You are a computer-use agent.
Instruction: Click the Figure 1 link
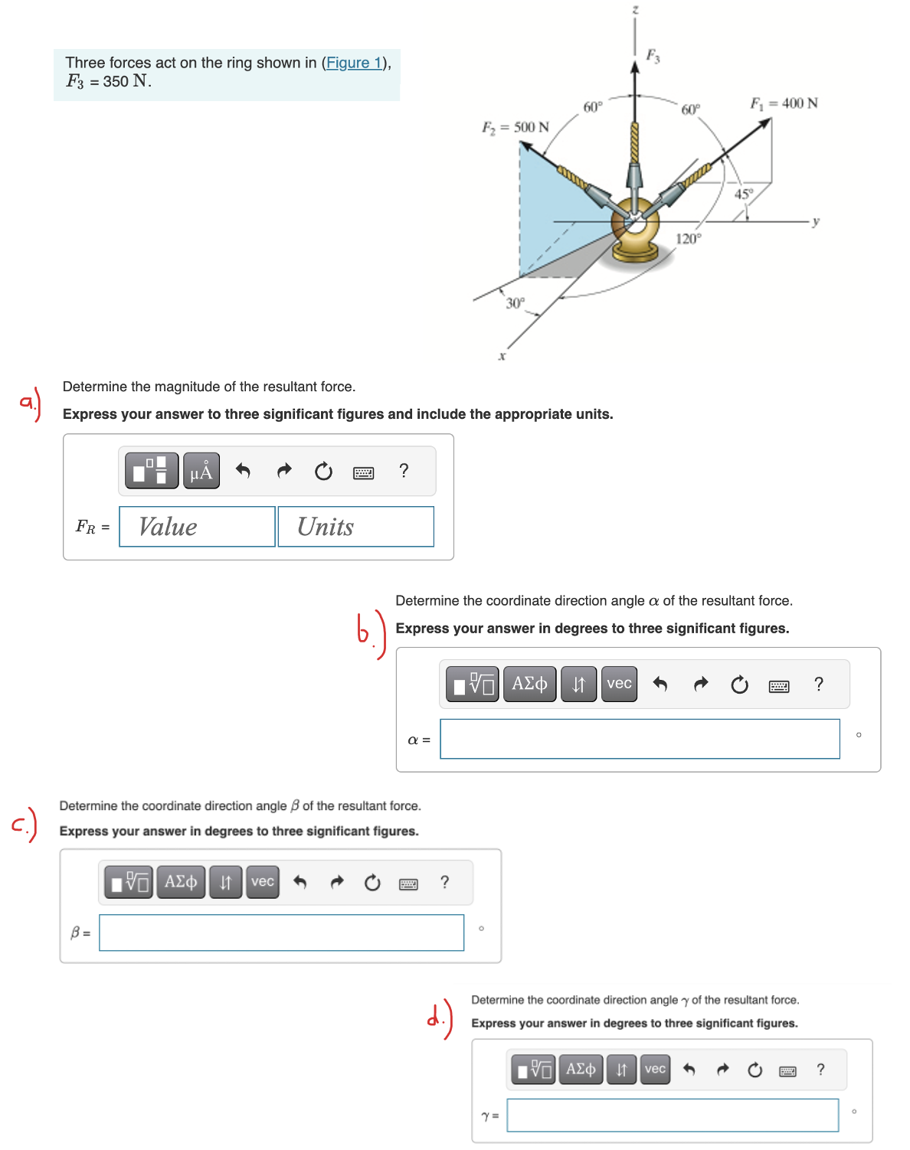pos(354,63)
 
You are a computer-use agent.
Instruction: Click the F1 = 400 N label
pos(784,103)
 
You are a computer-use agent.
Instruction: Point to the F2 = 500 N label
pos(515,127)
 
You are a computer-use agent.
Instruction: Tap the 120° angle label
pos(688,239)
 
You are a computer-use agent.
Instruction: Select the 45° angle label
pos(743,194)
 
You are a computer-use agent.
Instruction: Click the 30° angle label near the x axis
pos(515,303)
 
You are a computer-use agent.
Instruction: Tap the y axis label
pos(816,221)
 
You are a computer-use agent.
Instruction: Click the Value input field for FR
pos(197,527)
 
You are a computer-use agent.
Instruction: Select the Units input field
pos(355,527)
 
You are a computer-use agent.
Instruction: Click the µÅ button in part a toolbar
pos(201,471)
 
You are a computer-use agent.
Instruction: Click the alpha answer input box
pos(640,739)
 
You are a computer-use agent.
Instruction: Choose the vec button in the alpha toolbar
pos(619,684)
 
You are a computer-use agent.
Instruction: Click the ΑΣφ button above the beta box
pos(181,882)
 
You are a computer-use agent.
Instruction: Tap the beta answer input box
pos(281,933)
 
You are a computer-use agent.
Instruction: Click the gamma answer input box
pos(673,1116)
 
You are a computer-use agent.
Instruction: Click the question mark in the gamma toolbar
pos(820,1070)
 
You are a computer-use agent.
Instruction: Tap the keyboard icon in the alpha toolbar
pos(779,685)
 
